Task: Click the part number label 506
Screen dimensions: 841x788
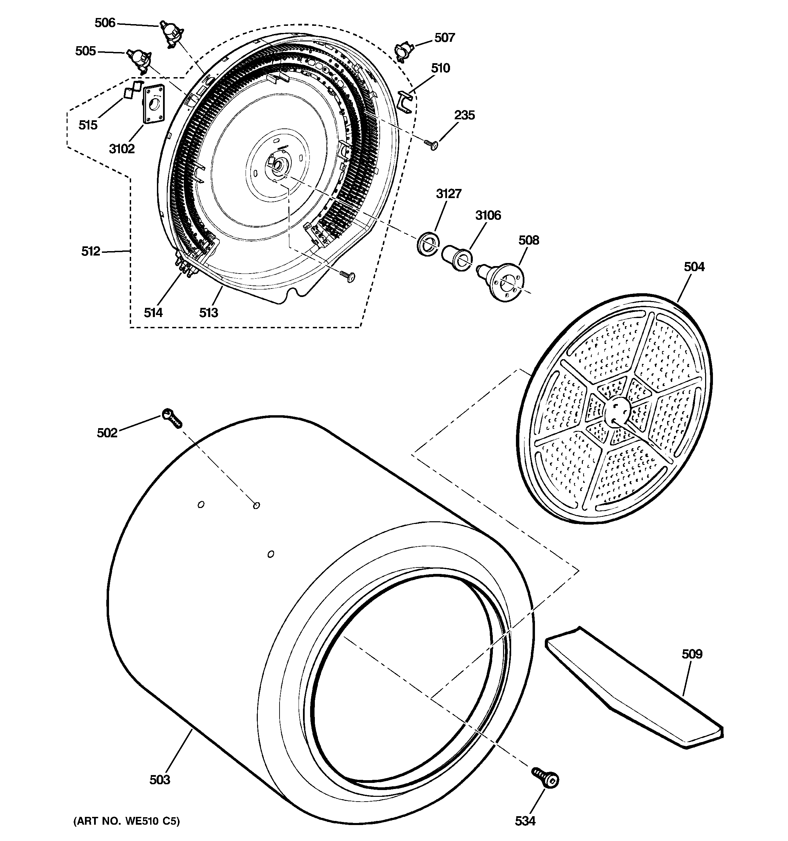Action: pyautogui.click(x=105, y=23)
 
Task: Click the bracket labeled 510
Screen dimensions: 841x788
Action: pyautogui.click(x=405, y=102)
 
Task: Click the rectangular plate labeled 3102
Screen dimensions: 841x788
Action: pyautogui.click(x=153, y=105)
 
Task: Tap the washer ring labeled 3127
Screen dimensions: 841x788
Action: pyautogui.click(x=427, y=244)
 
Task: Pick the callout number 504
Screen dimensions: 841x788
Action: pyautogui.click(x=694, y=267)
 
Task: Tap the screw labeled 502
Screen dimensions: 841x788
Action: pyautogui.click(x=171, y=418)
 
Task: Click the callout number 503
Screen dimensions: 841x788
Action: pyautogui.click(x=159, y=779)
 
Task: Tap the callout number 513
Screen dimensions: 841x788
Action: pyautogui.click(x=209, y=313)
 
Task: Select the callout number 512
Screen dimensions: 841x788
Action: pyautogui.click(x=90, y=251)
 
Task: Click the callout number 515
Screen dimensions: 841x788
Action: pyautogui.click(x=88, y=125)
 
